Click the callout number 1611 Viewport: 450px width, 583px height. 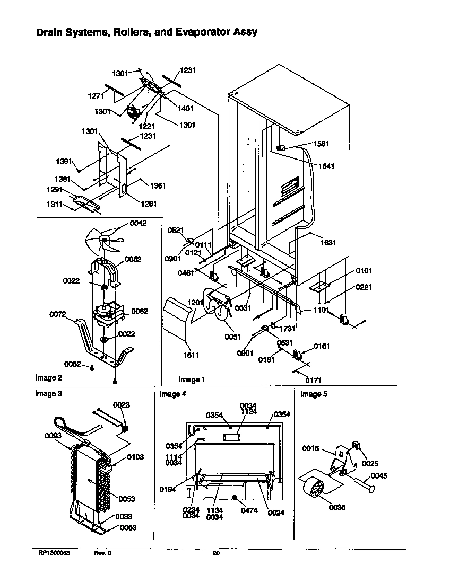pyautogui.click(x=192, y=355)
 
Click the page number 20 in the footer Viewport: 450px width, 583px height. pyautogui.click(x=216, y=553)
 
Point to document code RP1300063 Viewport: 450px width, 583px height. pyautogui.click(x=54, y=553)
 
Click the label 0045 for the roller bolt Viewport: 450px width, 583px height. pyautogui.click(x=379, y=476)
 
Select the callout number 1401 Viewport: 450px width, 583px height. pyautogui.click(x=185, y=108)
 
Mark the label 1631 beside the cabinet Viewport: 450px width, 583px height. pyautogui.click(x=328, y=243)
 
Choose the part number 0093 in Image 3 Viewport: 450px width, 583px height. pyautogui.click(x=53, y=436)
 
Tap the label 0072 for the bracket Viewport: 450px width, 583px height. pyautogui.click(x=57, y=314)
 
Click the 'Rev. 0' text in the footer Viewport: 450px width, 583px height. pyautogui.click(x=103, y=553)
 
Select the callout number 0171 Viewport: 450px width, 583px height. pyautogui.click(x=313, y=380)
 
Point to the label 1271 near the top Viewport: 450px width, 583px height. pyautogui.click(x=96, y=96)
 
